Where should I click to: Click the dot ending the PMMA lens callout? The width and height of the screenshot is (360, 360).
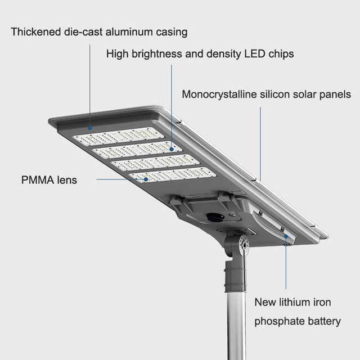point(146,179)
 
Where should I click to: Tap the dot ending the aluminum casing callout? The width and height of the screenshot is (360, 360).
point(90,129)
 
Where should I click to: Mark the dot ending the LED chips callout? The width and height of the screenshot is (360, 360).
point(172,150)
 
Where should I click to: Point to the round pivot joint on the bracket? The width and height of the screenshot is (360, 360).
point(244,244)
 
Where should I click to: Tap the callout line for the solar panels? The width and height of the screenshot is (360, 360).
point(260,141)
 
